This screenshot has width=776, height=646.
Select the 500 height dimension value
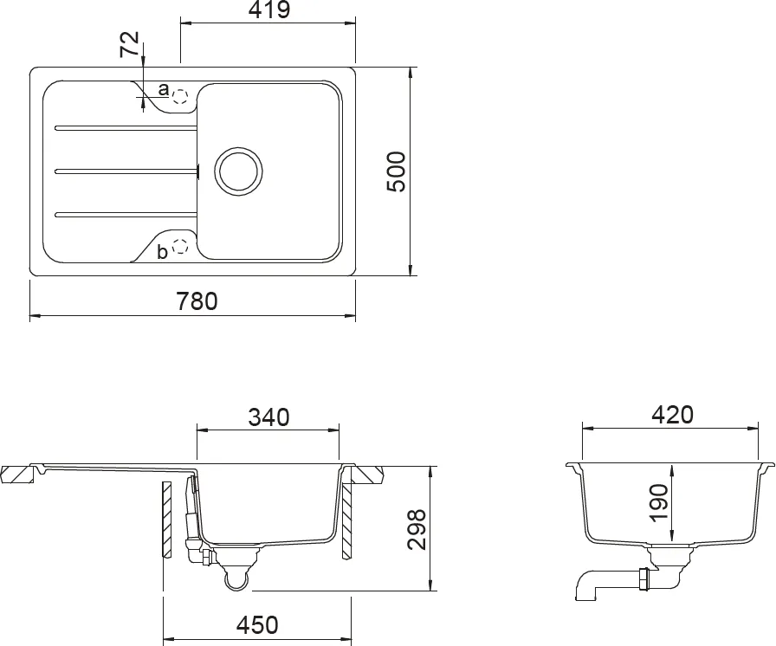coord(395,171)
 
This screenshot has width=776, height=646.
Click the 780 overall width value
coord(197,301)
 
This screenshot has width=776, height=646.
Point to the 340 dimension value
coord(268,417)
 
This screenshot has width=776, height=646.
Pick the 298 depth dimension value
coord(417,529)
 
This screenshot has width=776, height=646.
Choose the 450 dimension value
coord(257,624)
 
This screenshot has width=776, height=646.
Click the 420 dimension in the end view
coord(673,416)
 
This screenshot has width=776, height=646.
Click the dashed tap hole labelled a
coord(180,94)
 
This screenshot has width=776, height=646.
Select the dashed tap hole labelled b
coord(180,247)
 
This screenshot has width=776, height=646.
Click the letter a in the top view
coord(163,89)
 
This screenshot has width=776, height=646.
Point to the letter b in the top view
coord(162,253)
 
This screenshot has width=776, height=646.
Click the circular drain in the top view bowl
coord(237,170)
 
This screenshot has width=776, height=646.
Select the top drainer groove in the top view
coord(126,128)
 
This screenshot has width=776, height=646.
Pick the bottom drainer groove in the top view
coord(126,213)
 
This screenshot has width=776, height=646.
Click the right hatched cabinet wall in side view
coord(345,520)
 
